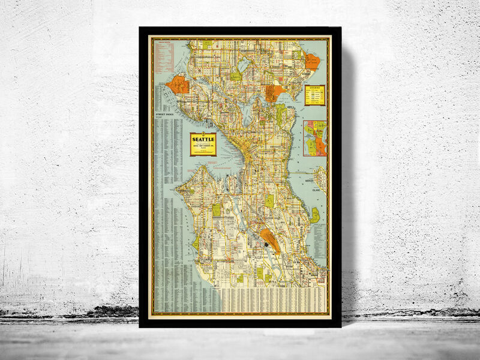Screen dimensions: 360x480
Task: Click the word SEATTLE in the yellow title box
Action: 203,137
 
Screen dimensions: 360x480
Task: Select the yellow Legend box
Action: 314,95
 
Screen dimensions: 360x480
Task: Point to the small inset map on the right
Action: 314,138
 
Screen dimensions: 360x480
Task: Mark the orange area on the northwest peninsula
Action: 178,84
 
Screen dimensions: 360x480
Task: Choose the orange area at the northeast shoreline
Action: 312,61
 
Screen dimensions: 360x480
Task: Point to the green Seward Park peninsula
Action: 314,215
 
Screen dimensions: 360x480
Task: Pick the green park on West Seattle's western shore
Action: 195,242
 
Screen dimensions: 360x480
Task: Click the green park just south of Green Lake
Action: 236,76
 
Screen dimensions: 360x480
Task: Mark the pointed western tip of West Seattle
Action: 175,191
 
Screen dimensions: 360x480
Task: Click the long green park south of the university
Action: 280,112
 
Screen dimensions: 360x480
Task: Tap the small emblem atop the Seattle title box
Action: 203,131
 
